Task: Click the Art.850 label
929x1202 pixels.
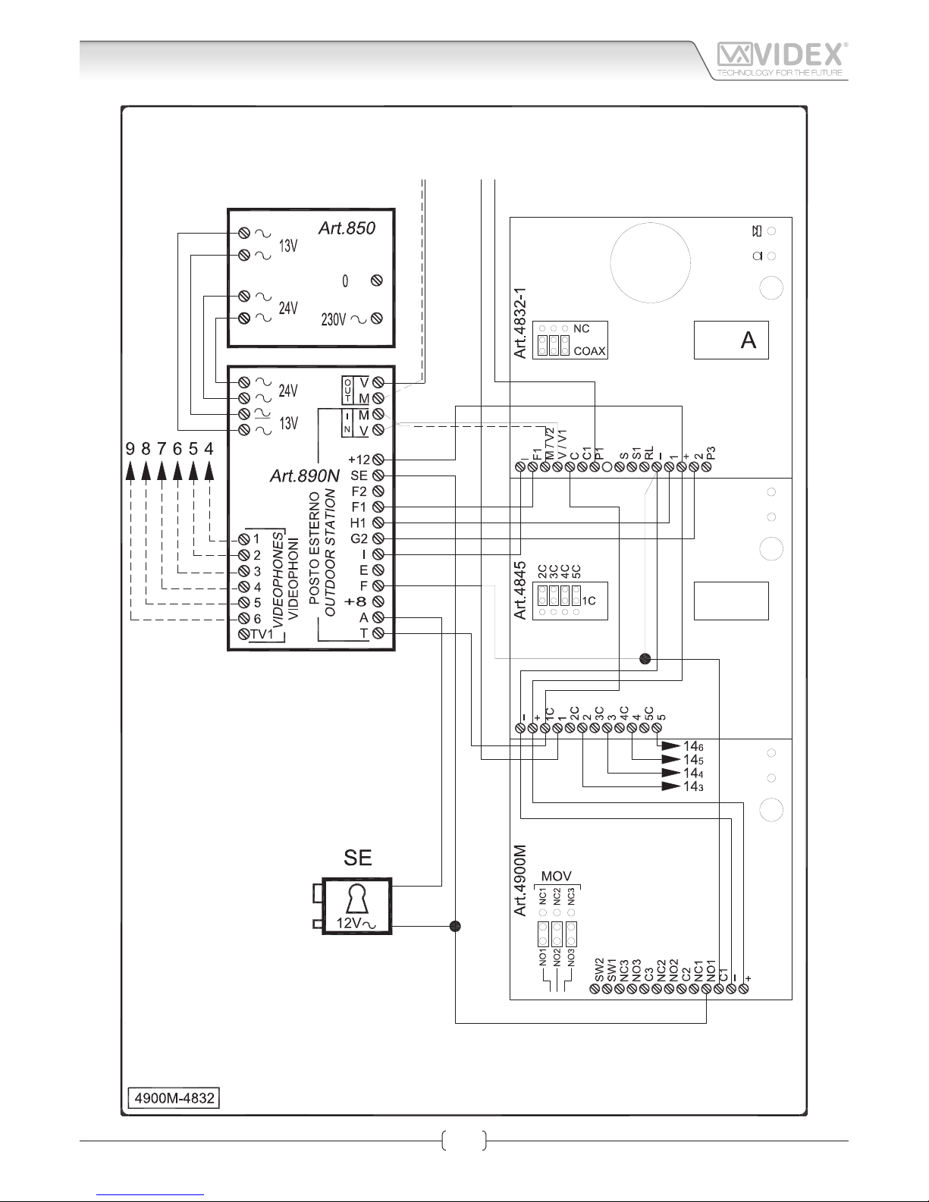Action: point(347,228)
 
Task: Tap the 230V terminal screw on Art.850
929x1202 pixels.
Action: point(377,319)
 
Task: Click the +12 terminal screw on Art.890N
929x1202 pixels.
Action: point(377,460)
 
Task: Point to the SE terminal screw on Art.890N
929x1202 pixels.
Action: point(377,475)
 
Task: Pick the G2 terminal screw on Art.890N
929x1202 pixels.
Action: point(377,539)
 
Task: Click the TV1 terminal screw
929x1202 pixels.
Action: point(243,634)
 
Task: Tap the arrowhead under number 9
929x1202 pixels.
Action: point(130,472)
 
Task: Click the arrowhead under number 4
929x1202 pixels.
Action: point(210,472)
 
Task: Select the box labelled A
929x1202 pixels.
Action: point(731,341)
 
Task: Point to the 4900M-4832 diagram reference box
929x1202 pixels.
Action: point(173,1098)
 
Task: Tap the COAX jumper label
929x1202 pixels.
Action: point(589,351)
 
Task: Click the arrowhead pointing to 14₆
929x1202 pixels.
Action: point(670,746)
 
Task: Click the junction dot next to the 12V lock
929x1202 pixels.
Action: point(455,926)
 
